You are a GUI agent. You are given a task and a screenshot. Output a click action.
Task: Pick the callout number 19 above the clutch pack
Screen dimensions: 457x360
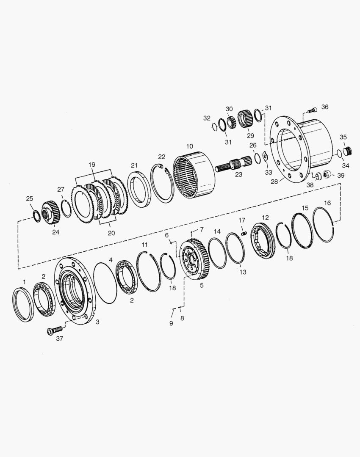[x=92, y=165]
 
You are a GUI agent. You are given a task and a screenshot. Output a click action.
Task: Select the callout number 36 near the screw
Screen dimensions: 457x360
[x=324, y=107]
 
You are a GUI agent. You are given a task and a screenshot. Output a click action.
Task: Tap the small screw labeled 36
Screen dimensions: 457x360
[x=311, y=110]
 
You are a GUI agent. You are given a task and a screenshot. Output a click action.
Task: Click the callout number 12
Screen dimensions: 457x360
[x=265, y=217]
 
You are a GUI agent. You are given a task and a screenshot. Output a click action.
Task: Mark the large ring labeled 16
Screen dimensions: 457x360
[x=324, y=224]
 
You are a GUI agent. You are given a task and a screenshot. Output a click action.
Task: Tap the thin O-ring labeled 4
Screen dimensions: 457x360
[x=105, y=283]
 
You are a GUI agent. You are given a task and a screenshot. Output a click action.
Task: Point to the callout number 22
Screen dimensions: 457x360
[x=161, y=157]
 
